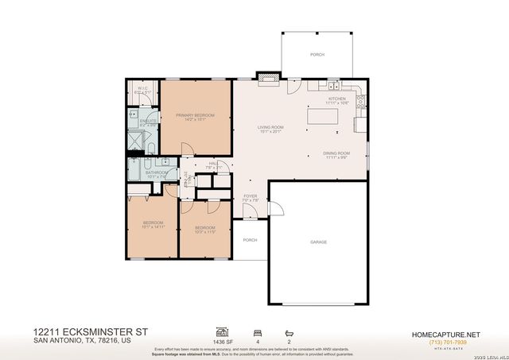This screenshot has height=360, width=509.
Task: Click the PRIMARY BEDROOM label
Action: (x=196, y=116)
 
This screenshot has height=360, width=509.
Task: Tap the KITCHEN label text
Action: (x=337, y=99)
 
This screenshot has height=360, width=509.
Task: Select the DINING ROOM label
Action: (x=337, y=153)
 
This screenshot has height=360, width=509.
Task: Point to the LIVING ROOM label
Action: (x=270, y=127)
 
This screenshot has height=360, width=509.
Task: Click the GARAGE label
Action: (x=319, y=242)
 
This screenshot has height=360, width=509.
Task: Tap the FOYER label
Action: (x=250, y=195)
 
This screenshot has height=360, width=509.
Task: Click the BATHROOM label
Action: (x=156, y=172)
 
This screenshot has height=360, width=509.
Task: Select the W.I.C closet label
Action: (x=143, y=88)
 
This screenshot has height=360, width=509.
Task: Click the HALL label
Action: (x=213, y=165)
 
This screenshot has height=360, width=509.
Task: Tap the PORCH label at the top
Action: (x=317, y=55)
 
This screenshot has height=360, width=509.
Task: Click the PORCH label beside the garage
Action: (x=250, y=239)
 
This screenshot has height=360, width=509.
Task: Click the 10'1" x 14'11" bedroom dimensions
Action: (x=153, y=227)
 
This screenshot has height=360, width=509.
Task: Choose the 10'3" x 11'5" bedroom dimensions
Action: (x=205, y=232)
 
